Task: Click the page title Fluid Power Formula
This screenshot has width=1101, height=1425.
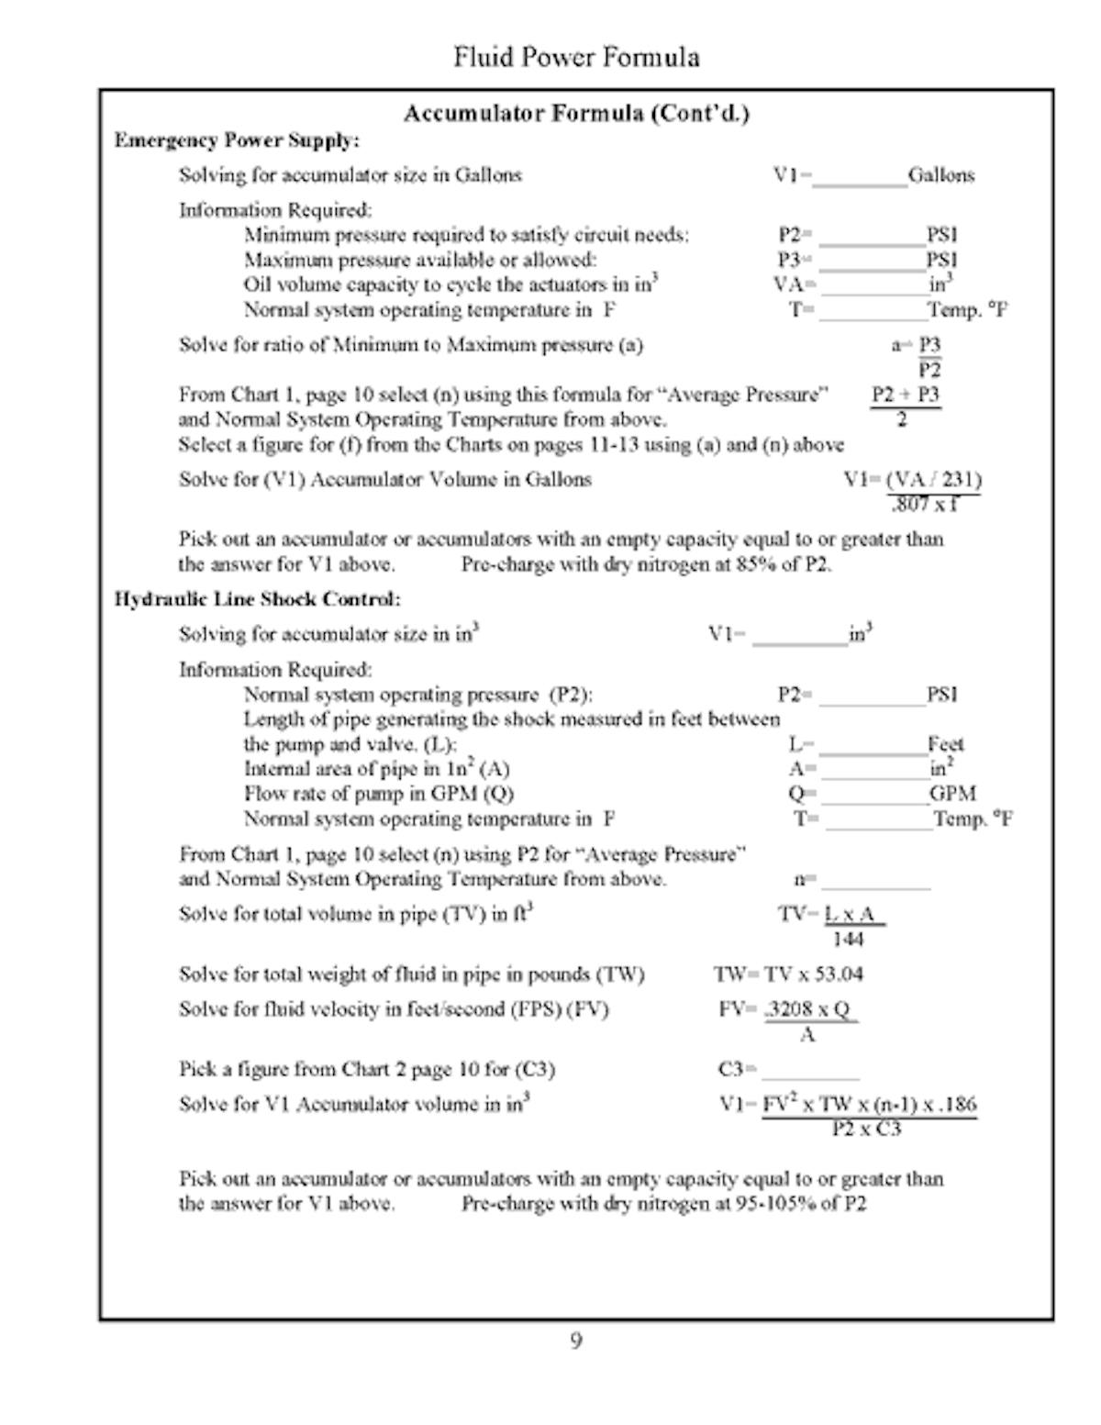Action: (576, 58)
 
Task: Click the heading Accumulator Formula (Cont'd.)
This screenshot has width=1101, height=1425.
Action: (576, 114)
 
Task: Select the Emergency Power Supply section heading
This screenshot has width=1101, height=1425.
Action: (237, 140)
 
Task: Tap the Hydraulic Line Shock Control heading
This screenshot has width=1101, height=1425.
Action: (257, 599)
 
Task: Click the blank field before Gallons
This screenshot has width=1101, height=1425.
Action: (860, 177)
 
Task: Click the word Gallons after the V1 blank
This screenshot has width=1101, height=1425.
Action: (941, 175)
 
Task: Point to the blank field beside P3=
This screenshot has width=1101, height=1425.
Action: (873, 262)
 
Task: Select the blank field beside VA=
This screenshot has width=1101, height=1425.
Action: (873, 286)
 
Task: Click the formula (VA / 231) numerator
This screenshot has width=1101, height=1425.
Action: (934, 480)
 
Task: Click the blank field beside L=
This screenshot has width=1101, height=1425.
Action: (872, 745)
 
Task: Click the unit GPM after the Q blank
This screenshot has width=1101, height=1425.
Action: (952, 794)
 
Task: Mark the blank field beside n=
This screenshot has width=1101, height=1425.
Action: (875, 881)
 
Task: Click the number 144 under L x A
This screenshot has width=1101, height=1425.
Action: (848, 940)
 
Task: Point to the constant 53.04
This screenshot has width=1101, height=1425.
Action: (839, 974)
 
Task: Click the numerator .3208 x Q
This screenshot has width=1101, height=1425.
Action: (809, 1009)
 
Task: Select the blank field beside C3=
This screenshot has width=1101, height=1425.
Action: (810, 1071)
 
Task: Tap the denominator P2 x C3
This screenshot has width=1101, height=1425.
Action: (866, 1129)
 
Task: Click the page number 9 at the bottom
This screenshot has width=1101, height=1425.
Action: (576, 1342)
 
